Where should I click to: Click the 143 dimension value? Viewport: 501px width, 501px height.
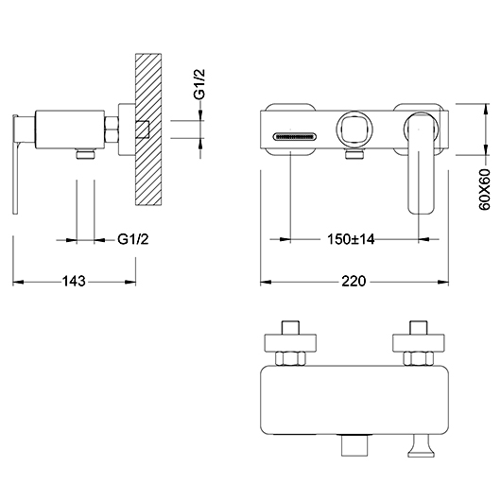click(x=74, y=281)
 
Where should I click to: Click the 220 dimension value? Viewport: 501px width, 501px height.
click(x=354, y=281)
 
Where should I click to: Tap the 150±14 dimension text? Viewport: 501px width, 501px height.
click(x=351, y=239)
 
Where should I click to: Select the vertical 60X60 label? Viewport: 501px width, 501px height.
click(x=484, y=189)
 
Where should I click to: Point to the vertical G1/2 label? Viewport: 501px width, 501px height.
click(x=199, y=84)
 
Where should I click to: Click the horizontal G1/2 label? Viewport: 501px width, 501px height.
click(x=133, y=239)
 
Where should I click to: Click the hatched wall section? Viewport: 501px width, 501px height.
click(x=148, y=130)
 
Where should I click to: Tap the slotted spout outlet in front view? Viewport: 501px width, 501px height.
click(x=295, y=137)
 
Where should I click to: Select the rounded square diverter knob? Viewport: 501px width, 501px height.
click(x=354, y=130)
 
